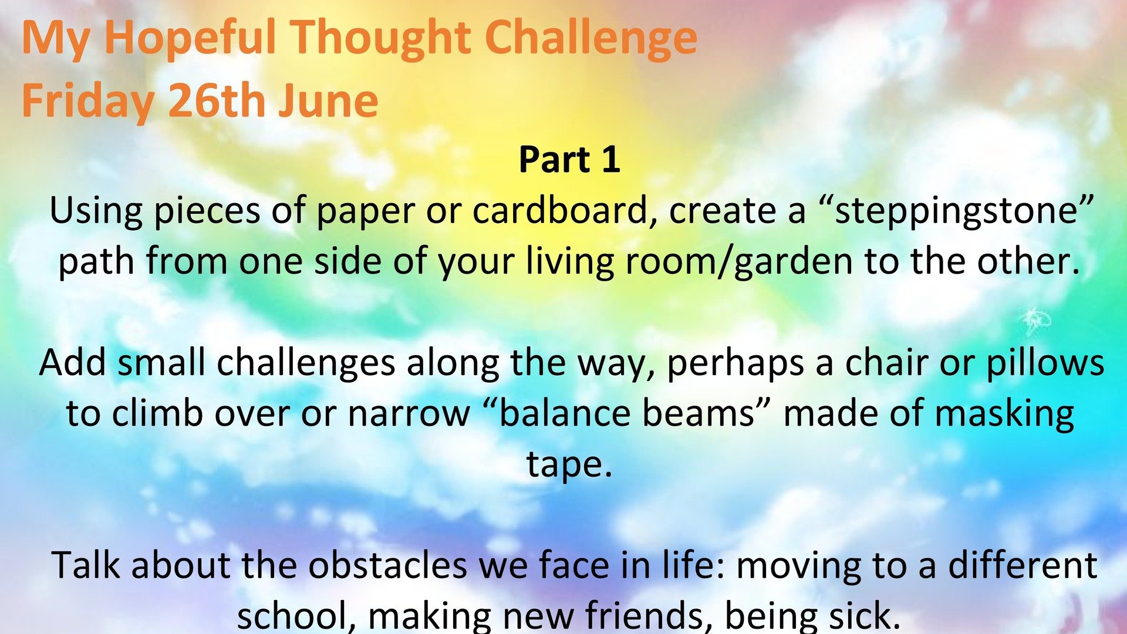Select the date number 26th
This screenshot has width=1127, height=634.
216,100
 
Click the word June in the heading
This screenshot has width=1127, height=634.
328,100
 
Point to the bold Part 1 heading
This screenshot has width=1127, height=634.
569,160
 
